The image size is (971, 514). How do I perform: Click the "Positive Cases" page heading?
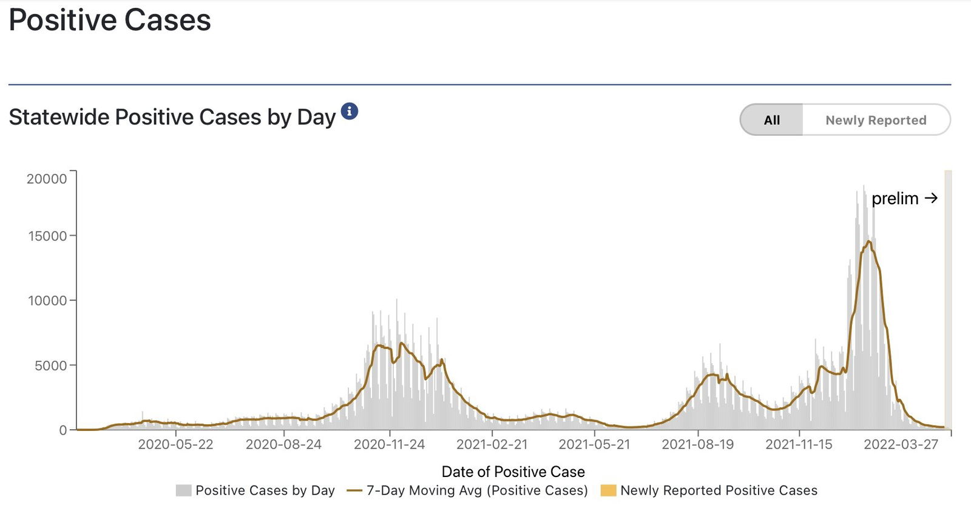tap(110, 20)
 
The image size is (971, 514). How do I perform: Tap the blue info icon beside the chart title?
tap(349, 112)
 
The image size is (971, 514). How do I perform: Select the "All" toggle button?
tap(771, 120)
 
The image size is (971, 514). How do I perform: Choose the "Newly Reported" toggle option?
tap(875, 120)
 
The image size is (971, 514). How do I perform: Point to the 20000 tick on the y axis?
tap(47, 179)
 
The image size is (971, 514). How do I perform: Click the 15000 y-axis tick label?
tap(47, 236)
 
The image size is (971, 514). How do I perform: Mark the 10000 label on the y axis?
tap(47, 301)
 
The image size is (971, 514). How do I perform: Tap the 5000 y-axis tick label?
tap(51, 365)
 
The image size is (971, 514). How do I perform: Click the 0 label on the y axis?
tap(63, 430)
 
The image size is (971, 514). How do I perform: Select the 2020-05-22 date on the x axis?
tap(175, 444)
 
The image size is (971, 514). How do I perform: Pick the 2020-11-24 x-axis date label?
tap(389, 444)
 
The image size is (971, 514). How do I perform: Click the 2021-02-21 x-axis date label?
tap(492, 444)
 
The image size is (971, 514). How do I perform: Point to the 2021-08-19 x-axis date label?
tap(697, 444)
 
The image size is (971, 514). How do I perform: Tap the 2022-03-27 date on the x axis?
tap(901, 444)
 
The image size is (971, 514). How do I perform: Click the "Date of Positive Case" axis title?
tap(513, 472)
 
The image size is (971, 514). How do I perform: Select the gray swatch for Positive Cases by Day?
tap(183, 490)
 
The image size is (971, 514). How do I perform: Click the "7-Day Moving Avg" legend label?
tap(477, 490)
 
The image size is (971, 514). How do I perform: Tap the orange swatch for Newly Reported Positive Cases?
tap(608, 490)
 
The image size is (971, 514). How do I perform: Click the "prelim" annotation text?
tap(895, 199)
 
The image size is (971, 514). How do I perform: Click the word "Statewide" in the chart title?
tap(59, 117)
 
